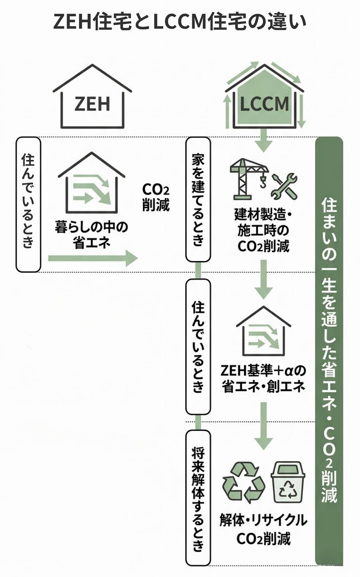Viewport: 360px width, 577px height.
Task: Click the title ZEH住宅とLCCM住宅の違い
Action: coord(180,21)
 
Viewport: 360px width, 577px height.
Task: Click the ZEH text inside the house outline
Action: coord(92,104)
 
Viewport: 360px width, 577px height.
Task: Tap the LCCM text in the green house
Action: coord(264,105)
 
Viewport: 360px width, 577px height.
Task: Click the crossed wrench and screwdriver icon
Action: coord(285,186)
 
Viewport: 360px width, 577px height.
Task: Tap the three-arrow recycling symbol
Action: coord(244,482)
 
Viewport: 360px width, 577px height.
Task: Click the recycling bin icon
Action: coord(288,481)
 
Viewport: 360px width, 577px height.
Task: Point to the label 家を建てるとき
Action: coord(198,199)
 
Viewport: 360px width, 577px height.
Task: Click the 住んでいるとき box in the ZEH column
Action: coord(28,204)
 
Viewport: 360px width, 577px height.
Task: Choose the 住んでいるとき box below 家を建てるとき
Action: coord(198,346)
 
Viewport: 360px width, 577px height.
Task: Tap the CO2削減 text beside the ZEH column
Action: coord(156,197)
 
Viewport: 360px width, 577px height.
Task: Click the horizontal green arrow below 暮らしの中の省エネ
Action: coord(92,258)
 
